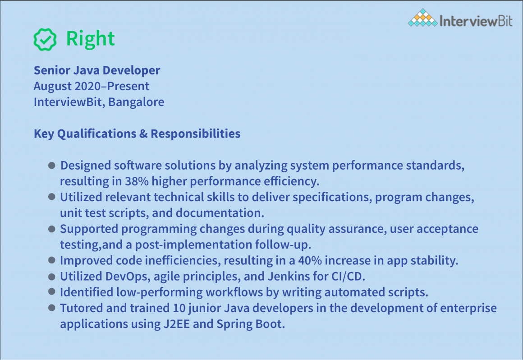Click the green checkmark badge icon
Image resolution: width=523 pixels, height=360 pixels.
pyautogui.click(x=45, y=39)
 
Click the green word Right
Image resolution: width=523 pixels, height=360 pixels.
pyautogui.click(x=90, y=39)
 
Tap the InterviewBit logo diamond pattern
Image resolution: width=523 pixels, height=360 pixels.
pyautogui.click(x=422, y=18)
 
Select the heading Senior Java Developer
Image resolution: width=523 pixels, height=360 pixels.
pyautogui.click(x=97, y=70)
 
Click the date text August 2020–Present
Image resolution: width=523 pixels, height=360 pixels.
pyautogui.click(x=92, y=86)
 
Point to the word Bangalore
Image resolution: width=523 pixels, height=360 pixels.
pyautogui.click(x=136, y=102)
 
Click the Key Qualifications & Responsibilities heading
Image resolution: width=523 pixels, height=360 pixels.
pyautogui.click(x=137, y=134)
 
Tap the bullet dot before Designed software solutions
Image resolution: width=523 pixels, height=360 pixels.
pyautogui.click(x=52, y=166)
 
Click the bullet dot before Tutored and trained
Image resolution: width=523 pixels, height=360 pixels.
pyautogui.click(x=52, y=308)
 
